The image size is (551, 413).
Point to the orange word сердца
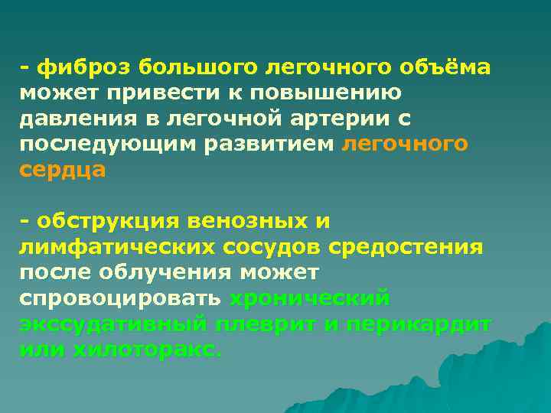tap(64, 171)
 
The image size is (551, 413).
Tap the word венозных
tap(256, 222)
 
